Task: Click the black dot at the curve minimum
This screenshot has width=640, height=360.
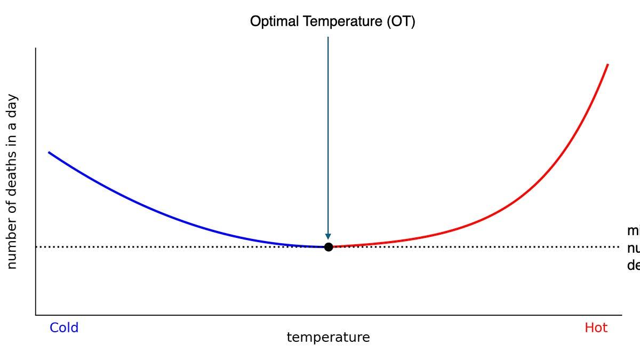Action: pyautogui.click(x=329, y=247)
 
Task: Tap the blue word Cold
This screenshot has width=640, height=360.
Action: pyautogui.click(x=64, y=327)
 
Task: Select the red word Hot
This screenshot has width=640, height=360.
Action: pyautogui.click(x=596, y=327)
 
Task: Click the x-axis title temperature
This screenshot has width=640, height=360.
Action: pyautogui.click(x=328, y=338)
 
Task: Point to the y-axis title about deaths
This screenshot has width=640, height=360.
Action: pyautogui.click(x=12, y=181)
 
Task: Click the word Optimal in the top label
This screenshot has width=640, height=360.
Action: pyautogui.click(x=274, y=22)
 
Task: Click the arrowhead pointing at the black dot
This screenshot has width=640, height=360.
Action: pyautogui.click(x=328, y=237)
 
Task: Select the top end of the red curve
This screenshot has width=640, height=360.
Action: pyautogui.click(x=608, y=65)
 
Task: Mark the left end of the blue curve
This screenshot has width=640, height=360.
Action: pyautogui.click(x=49, y=153)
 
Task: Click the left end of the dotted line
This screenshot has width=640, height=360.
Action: pyautogui.click(x=37, y=247)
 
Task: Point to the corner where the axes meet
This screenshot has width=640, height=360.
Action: pyautogui.click(x=36, y=315)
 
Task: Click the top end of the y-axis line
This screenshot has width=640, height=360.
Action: pyautogui.click(x=36, y=49)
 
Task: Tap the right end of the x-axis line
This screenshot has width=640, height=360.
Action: pyautogui.click(x=621, y=315)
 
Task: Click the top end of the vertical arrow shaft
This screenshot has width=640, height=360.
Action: pyautogui.click(x=328, y=37)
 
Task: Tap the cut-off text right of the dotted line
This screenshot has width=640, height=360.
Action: pyautogui.click(x=634, y=248)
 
